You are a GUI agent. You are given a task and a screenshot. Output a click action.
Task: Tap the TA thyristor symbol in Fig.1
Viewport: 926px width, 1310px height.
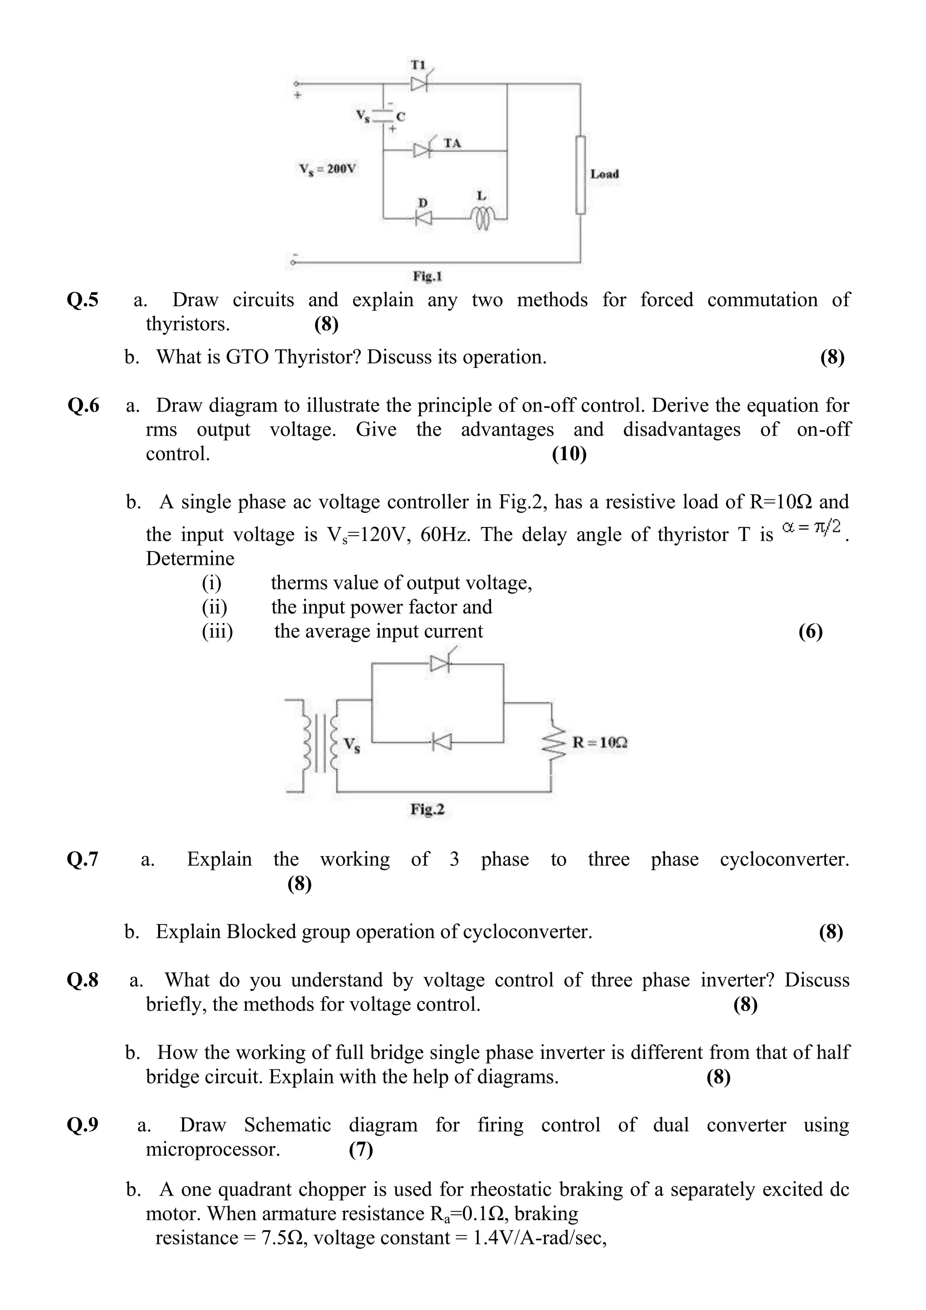pos(422,150)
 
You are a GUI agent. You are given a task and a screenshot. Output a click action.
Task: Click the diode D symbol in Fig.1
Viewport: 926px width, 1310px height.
pos(423,218)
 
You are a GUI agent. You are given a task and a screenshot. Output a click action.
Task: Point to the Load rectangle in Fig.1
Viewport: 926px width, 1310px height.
pos(581,175)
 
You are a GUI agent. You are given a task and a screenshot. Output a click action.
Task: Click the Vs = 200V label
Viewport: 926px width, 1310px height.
pos(328,170)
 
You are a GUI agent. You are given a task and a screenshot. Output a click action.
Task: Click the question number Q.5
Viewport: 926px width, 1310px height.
pos(83,300)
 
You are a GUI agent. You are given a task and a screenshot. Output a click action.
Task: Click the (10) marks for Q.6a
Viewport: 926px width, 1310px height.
pos(569,454)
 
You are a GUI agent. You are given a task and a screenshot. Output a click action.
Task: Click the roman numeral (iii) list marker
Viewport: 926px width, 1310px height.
pos(217,631)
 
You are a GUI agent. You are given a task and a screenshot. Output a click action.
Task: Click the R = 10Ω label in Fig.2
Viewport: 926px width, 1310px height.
pos(600,743)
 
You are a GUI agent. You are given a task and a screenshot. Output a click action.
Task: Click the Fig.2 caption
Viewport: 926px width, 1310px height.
pos(427,810)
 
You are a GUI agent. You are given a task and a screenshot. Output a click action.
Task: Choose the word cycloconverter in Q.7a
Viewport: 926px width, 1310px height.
pos(784,859)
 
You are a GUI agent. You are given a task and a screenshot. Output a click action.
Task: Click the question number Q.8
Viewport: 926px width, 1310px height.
pos(83,980)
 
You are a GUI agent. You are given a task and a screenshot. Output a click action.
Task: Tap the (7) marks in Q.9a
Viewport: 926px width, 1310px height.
pos(361,1149)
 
